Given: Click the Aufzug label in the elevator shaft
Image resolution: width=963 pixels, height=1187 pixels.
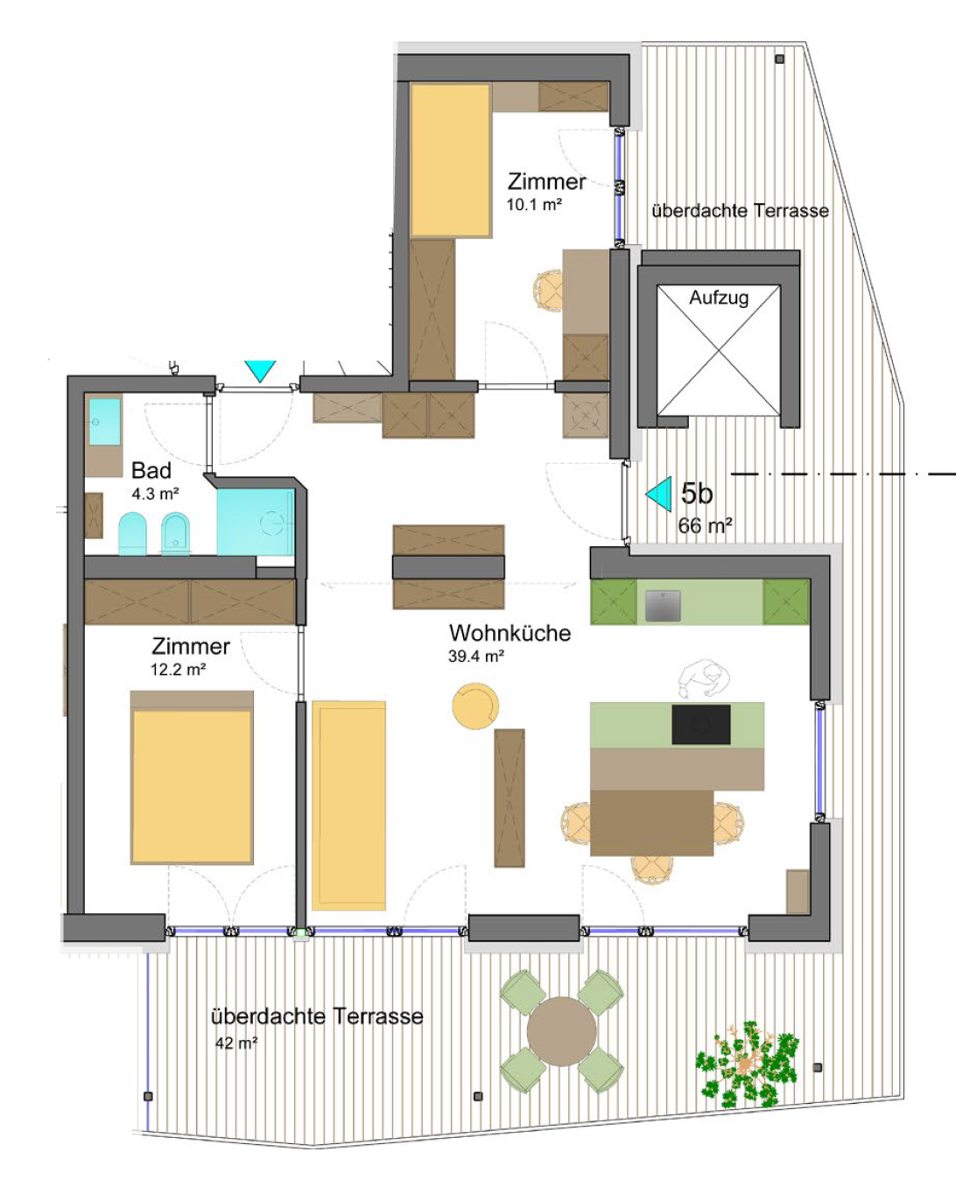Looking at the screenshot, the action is tap(719, 299).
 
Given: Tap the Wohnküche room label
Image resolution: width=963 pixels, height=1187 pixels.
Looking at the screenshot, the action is tap(510, 633).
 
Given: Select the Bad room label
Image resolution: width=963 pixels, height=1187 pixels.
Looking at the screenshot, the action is tap(151, 470).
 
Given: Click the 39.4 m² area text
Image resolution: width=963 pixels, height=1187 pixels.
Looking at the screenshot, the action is tap(476, 657).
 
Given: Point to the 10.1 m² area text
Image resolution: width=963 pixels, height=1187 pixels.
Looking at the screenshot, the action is tap(534, 205).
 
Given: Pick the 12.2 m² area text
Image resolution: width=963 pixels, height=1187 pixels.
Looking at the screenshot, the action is tap(179, 670).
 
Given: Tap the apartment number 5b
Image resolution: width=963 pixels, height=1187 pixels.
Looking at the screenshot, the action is tap(697, 493).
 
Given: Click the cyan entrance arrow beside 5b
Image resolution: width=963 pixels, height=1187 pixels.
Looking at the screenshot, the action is tap(660, 494).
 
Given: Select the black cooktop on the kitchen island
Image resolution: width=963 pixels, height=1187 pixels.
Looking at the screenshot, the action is tap(700, 725).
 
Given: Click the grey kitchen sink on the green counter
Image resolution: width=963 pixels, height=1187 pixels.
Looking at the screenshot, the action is tap(663, 606).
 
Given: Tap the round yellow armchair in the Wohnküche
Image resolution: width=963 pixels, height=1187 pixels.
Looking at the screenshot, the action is tap(475, 706).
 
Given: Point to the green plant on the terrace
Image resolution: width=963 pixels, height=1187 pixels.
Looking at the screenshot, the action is tap(746, 1064).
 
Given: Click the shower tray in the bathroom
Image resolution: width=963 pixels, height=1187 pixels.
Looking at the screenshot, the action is tap(256, 522).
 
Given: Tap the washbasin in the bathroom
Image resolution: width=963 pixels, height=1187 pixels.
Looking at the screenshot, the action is tap(105, 422).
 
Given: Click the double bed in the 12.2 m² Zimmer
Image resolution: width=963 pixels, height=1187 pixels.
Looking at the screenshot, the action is tap(192, 777).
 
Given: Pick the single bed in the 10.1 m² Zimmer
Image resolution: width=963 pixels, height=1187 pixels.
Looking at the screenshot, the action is tap(450, 160).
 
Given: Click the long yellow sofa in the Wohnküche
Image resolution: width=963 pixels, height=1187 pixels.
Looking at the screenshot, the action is tap(348, 805).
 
